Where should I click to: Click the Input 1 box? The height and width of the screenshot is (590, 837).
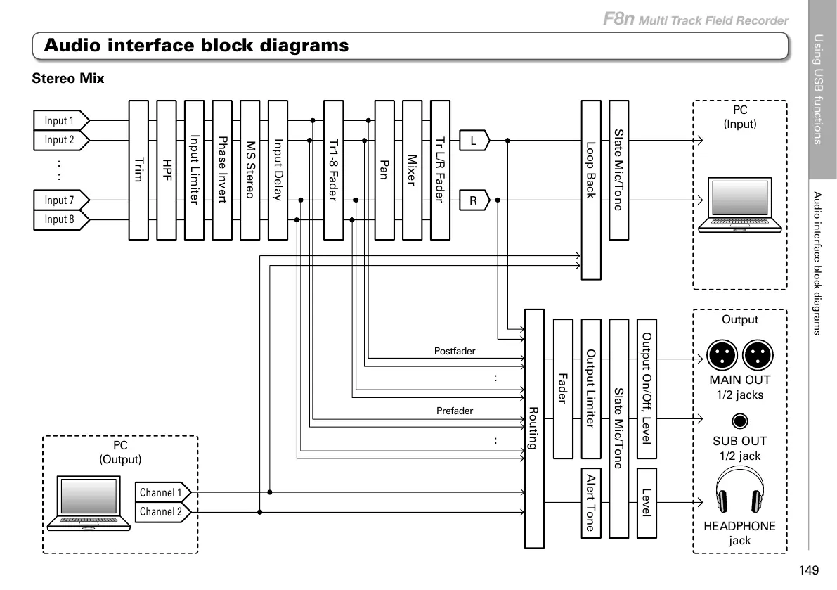click(x=61, y=120)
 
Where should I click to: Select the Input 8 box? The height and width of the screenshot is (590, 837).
click(x=61, y=219)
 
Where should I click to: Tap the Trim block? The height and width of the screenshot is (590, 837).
click(x=138, y=170)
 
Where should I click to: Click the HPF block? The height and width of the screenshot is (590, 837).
click(x=167, y=170)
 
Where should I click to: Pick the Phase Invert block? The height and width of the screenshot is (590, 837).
click(x=222, y=170)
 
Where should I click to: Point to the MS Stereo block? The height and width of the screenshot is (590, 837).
click(x=250, y=170)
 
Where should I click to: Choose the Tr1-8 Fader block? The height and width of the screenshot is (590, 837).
click(x=333, y=170)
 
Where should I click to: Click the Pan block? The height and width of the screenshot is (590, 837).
click(x=384, y=170)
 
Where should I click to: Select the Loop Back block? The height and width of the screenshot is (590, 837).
click(x=591, y=190)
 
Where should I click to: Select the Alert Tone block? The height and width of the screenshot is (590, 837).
click(x=591, y=502)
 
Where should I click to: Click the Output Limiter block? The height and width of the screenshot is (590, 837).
click(x=591, y=388)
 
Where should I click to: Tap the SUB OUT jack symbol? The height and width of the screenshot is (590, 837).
click(x=739, y=421)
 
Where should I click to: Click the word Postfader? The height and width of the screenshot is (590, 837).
click(x=455, y=350)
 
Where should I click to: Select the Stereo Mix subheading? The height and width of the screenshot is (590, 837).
click(x=68, y=79)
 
